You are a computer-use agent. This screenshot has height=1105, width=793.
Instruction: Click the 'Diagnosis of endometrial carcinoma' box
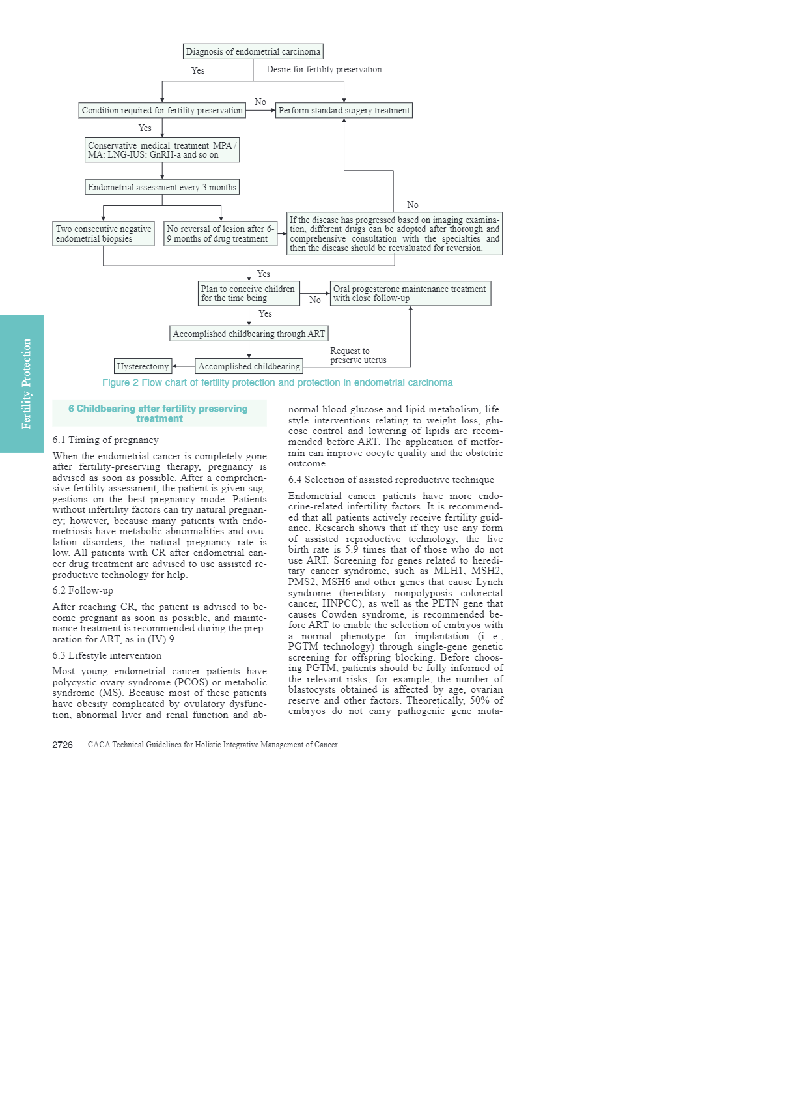click(253, 51)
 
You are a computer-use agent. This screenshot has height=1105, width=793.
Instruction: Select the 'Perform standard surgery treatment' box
click(344, 110)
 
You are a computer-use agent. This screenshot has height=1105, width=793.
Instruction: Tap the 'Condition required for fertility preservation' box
click(162, 110)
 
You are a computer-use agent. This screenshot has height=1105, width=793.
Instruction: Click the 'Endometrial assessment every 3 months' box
click(162, 187)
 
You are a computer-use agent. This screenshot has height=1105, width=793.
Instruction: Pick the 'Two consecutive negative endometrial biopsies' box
click(104, 234)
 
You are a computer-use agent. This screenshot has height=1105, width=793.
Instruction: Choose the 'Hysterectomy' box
click(143, 366)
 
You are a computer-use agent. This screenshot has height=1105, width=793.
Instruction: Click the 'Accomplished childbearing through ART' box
click(249, 334)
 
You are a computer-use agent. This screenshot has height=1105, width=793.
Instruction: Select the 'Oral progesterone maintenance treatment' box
click(410, 293)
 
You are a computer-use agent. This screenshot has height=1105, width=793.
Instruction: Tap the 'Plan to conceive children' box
click(249, 293)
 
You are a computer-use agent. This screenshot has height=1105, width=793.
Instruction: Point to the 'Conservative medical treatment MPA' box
click(162, 150)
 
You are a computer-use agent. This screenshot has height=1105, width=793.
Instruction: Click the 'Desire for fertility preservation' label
click(324, 69)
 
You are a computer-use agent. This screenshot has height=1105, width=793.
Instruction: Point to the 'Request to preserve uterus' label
click(357, 355)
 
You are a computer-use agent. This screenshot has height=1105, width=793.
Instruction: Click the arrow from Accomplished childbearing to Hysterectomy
click(184, 366)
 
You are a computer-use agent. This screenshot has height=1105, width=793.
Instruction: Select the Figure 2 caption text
click(277, 382)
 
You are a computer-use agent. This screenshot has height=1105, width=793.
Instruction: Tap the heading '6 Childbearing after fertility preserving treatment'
click(159, 413)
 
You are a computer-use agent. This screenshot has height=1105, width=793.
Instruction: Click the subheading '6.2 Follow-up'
click(83, 590)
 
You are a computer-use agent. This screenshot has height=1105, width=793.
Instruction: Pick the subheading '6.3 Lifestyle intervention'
click(107, 655)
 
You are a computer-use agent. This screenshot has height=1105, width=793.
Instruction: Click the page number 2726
click(63, 745)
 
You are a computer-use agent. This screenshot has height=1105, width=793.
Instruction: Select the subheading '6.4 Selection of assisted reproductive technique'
click(391, 480)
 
